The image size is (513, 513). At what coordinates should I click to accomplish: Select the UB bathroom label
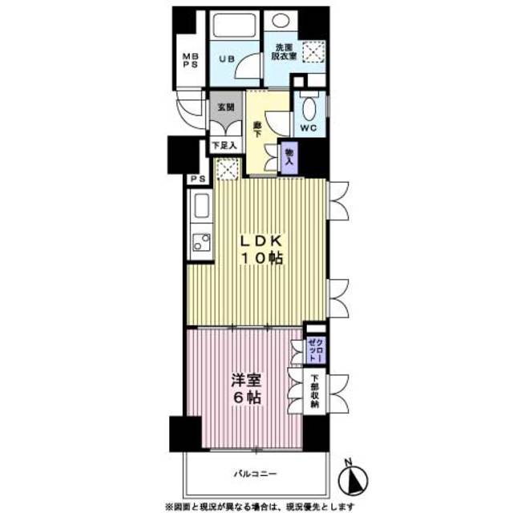[228, 59]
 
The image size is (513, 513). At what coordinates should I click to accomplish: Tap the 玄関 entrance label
[224, 107]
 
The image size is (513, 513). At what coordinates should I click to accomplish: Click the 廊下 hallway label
[256, 129]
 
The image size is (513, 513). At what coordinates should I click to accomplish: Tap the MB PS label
[189, 61]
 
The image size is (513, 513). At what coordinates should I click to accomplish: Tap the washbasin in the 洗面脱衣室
[280, 22]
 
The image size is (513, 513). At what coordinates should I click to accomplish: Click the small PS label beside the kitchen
[196, 179]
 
